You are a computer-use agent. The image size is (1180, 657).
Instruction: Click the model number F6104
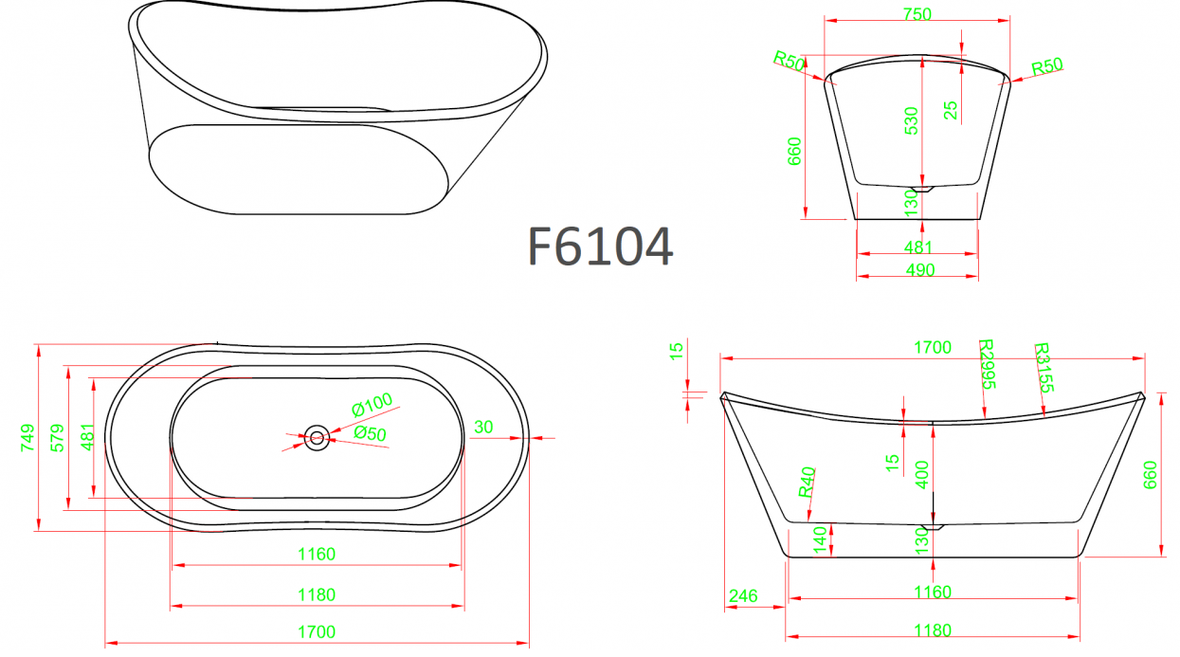pyautogui.click(x=600, y=246)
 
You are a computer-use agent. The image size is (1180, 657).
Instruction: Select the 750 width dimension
pyautogui.click(x=917, y=14)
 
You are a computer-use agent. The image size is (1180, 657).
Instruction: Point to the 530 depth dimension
pyautogui.click(x=912, y=120)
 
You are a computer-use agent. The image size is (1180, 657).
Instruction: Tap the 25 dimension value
pyautogui.click(x=951, y=110)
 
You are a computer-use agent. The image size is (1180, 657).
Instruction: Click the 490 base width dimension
pyautogui.click(x=920, y=270)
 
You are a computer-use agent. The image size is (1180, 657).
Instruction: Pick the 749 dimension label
pyautogui.click(x=27, y=438)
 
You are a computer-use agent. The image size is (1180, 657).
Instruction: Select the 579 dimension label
pyautogui.click(x=57, y=438)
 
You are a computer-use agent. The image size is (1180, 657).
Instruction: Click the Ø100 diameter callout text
pyautogui.click(x=372, y=405)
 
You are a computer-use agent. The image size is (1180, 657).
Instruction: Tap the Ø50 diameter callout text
pyautogui.click(x=370, y=433)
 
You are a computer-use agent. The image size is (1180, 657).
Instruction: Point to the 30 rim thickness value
pyautogui.click(x=483, y=427)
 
